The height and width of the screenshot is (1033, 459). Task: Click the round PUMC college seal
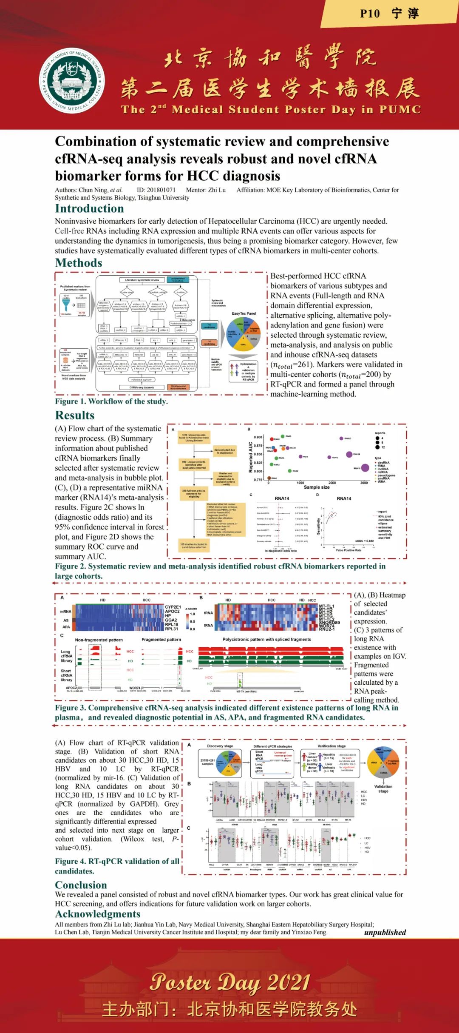tap(73, 80)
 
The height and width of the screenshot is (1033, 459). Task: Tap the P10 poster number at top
tap(370, 14)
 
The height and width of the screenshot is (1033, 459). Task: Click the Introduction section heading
tap(89, 208)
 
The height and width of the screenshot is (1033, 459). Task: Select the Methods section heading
tap(79, 263)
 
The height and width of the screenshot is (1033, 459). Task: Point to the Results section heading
tap(75, 415)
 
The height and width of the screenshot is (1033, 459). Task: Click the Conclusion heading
tap(81, 885)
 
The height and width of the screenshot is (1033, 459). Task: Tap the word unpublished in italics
tap(385, 933)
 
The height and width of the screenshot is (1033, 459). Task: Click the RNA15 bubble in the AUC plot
tap(365, 468)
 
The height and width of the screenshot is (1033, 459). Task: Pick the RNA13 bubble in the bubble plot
tap(341, 438)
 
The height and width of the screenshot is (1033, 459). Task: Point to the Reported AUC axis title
tap(251, 457)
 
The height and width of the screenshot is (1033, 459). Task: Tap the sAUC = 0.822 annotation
tap(364, 541)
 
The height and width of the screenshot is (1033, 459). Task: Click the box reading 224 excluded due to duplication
tap(224, 451)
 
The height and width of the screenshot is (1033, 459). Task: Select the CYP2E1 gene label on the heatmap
tap(173, 607)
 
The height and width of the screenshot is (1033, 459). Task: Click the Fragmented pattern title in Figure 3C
tap(161, 640)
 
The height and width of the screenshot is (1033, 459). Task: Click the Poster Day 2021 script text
tap(229, 982)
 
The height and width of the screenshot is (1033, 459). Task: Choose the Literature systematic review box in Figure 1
tap(142, 280)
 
